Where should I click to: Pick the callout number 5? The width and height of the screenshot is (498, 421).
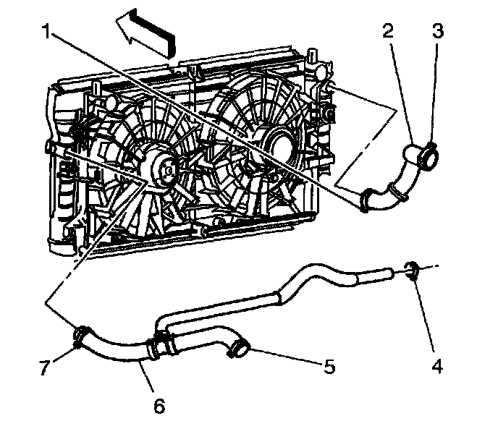(329, 367)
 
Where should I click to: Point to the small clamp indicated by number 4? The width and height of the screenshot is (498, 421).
(413, 271)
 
